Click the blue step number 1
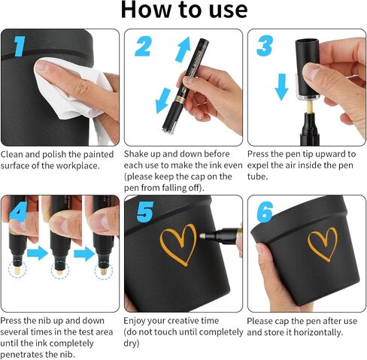point(20,47)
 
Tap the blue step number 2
point(143,46)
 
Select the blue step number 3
point(265,46)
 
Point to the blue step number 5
point(145,212)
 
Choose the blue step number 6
point(265,212)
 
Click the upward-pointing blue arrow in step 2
point(183,49)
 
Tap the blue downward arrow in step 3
point(281,86)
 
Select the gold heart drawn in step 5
point(178,244)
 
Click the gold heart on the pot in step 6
point(323,244)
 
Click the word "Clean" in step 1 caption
point(11,154)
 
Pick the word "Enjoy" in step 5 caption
point(135,321)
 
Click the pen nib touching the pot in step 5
point(204,235)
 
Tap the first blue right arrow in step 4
point(38,253)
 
